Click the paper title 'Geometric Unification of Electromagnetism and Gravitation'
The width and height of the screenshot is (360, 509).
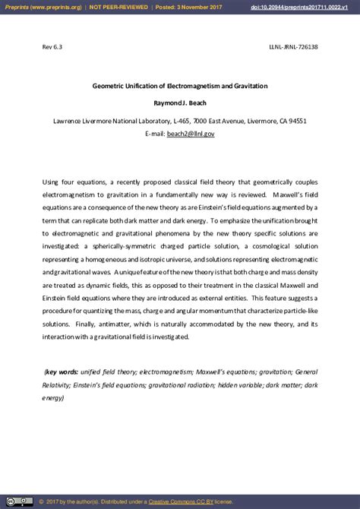(180, 86)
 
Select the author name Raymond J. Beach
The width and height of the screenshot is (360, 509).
(180, 103)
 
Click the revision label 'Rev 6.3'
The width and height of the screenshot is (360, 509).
(52, 47)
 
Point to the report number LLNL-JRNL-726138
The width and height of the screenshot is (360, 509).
(293, 47)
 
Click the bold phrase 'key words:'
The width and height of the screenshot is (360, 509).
(62, 371)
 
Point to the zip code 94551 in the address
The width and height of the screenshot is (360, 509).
(294, 121)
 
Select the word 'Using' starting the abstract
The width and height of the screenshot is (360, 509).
(50, 183)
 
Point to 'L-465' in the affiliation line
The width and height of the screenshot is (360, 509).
(181, 121)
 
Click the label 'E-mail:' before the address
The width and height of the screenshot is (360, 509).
(155, 133)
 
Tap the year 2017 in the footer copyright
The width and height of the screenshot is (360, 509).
(54, 501)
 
